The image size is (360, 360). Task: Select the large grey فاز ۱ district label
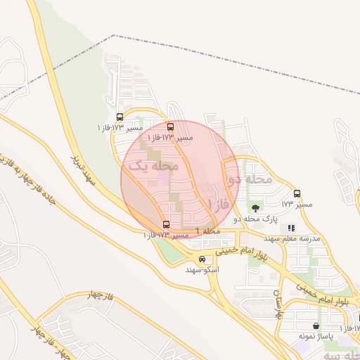[x=220, y=204]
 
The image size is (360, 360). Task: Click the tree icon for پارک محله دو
[x=255, y=207]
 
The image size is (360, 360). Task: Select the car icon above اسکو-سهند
[x=202, y=259]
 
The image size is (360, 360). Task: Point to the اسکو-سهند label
[x=202, y=269]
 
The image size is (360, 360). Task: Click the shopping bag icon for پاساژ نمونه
[x=316, y=326]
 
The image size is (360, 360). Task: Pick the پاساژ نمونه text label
[x=314, y=337]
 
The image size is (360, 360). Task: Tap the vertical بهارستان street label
[x=279, y=303]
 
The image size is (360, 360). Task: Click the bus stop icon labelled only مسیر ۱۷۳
[x=297, y=193]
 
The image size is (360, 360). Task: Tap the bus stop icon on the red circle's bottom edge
[x=166, y=224]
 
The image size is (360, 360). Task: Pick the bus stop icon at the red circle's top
[x=170, y=127]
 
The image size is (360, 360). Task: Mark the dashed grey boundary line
[x=232, y=63]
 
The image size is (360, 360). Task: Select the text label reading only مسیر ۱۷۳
[x=296, y=204]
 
